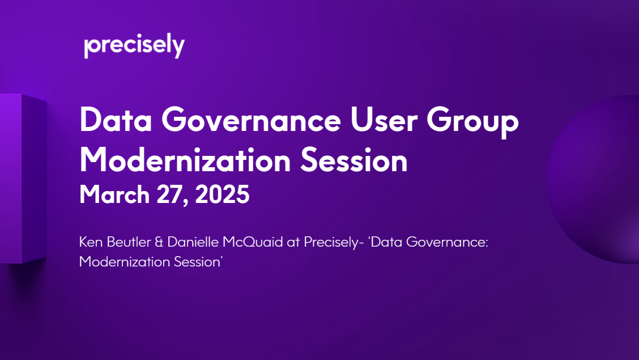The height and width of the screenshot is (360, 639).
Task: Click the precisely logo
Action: (134, 46)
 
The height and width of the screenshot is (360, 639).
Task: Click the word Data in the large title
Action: (116, 120)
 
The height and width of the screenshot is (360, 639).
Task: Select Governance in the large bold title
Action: (251, 120)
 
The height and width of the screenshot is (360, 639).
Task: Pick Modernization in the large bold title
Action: (185, 160)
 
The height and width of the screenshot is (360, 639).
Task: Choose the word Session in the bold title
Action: (353, 160)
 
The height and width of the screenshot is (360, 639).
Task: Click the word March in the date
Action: (114, 194)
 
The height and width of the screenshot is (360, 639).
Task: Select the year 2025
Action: (222, 194)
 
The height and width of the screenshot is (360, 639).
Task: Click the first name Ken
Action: (90, 242)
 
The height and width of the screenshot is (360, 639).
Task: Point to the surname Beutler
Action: (128, 242)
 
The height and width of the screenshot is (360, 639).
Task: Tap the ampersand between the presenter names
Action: (159, 242)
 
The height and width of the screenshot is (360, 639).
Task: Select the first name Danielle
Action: (193, 242)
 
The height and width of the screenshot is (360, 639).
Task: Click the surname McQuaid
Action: (253, 242)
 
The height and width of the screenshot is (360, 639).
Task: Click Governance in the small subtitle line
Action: (447, 242)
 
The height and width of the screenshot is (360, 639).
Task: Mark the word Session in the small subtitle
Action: (197, 262)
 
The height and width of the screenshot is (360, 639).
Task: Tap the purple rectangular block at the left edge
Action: (23, 179)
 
